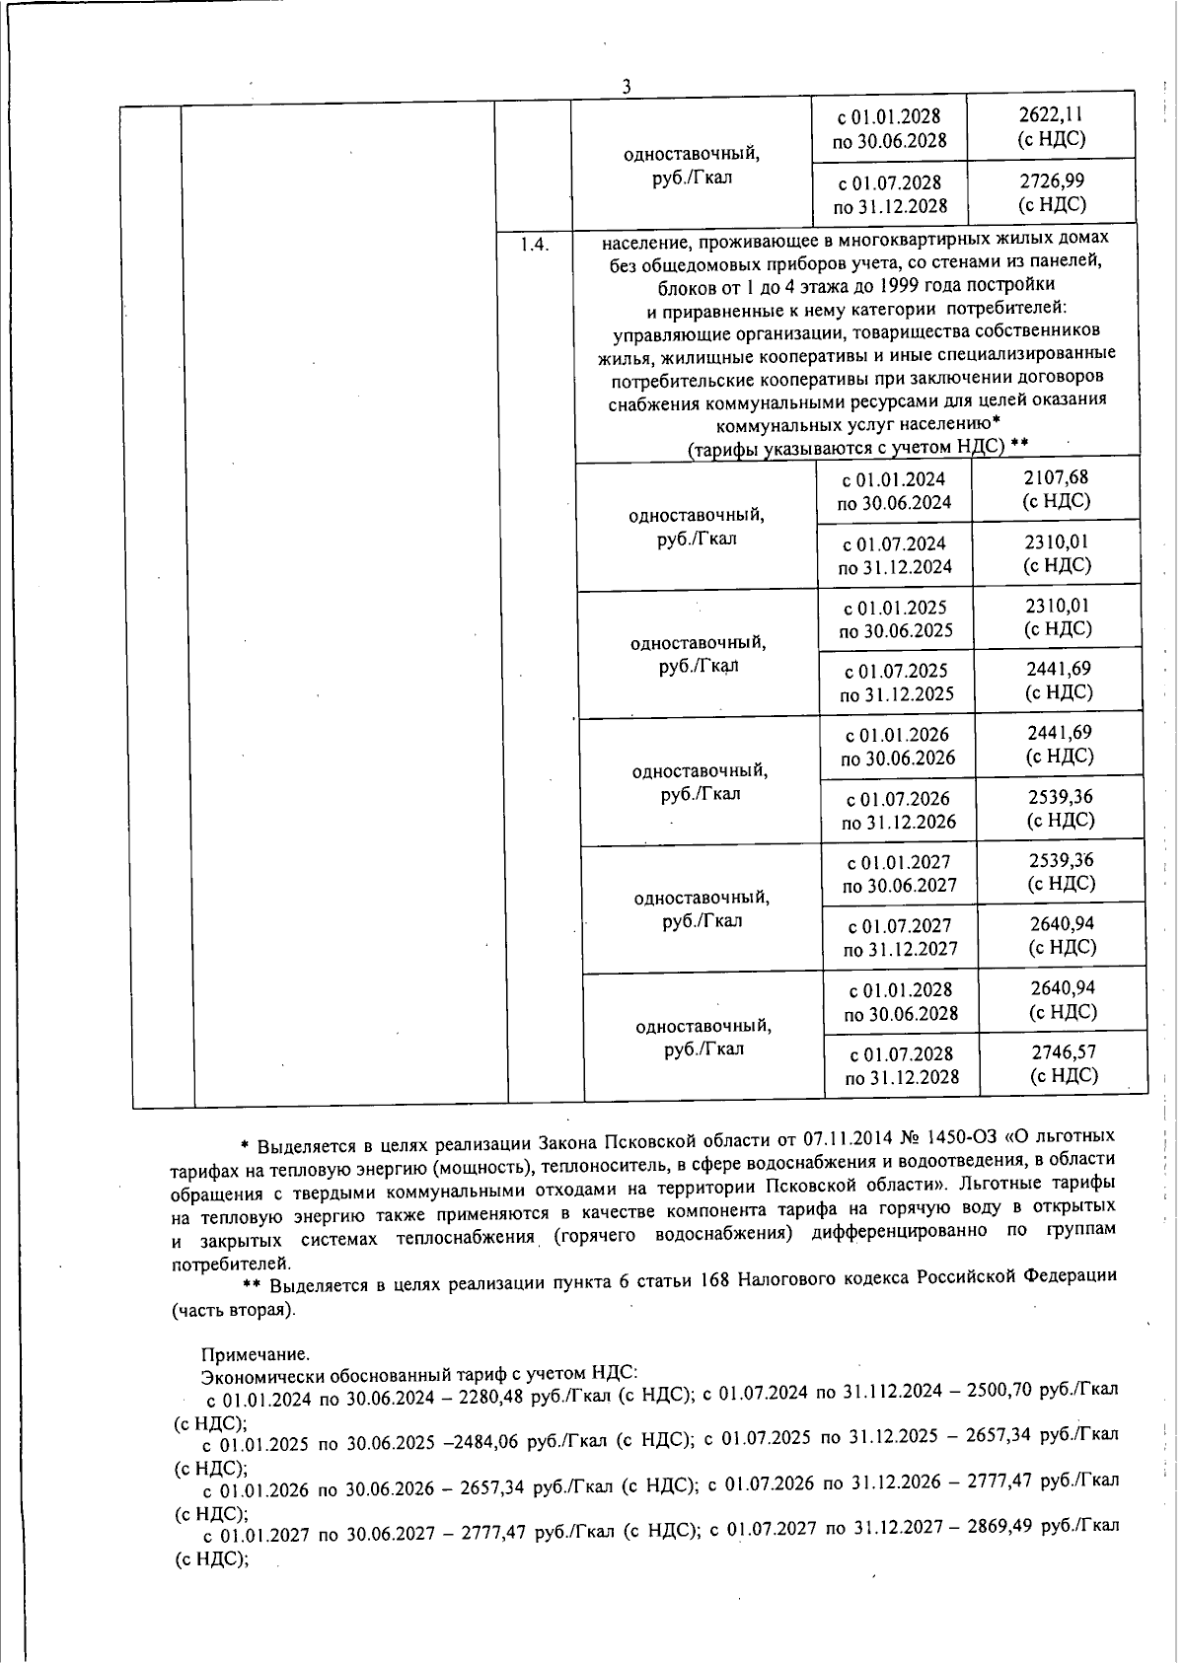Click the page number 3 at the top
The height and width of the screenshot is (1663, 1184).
coord(626,87)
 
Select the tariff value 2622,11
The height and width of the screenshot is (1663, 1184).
coord(1051,115)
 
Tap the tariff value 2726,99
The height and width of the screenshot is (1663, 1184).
coord(1052,181)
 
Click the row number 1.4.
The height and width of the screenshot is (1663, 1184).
coord(535,245)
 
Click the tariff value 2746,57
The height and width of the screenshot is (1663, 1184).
coord(1064,1052)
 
